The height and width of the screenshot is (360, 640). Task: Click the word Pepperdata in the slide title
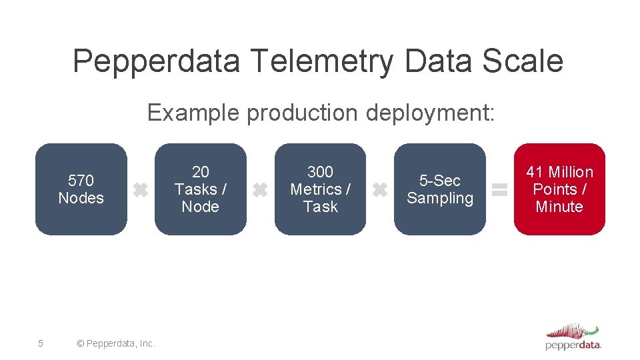[x=156, y=61]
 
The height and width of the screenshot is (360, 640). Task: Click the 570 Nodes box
[x=81, y=189]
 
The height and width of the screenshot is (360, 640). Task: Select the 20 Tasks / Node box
[x=200, y=189]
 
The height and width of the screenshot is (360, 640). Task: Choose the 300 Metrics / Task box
[x=320, y=189]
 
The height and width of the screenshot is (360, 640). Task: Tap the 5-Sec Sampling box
[x=439, y=189]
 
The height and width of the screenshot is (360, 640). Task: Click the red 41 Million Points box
[x=559, y=189]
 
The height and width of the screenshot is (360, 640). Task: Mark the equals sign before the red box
[x=499, y=190]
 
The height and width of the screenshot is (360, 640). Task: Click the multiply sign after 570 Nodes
[x=140, y=191]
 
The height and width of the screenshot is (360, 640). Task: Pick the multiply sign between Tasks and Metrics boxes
[x=260, y=191]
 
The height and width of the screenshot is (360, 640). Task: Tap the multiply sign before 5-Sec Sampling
[x=379, y=191]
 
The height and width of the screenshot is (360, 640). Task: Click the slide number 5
[x=41, y=343]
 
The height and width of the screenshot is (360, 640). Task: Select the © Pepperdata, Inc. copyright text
[x=116, y=343]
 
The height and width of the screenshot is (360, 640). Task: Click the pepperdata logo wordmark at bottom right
[x=573, y=345]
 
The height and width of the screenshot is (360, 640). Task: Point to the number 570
[x=81, y=181]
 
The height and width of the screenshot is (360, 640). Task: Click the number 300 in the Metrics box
[x=320, y=172]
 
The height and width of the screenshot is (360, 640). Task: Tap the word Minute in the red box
[x=559, y=207]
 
